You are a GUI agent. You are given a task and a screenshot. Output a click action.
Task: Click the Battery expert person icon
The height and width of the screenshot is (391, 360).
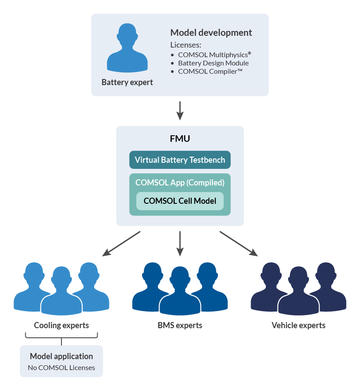127,49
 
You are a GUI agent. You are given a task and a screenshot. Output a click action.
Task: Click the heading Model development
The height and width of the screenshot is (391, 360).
211,33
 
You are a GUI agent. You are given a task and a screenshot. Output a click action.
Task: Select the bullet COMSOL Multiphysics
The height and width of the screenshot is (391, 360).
215,55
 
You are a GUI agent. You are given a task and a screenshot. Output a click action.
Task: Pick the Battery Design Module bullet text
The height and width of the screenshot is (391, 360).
214,63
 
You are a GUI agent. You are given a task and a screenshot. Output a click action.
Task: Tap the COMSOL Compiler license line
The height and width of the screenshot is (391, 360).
210,72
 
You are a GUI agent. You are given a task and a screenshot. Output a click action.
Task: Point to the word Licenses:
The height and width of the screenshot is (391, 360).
185,45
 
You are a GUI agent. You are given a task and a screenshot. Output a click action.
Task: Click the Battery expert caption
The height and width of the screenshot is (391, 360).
127,82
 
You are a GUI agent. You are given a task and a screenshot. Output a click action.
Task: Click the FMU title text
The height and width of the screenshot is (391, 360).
180,139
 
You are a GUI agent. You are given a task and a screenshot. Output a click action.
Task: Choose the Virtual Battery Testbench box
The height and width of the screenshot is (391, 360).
180,160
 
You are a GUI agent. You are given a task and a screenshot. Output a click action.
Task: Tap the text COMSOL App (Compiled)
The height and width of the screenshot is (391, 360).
180,182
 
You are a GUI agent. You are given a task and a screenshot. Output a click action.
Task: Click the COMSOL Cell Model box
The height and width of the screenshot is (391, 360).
180,201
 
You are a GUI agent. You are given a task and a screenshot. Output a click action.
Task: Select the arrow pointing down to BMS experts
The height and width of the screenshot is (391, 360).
180,244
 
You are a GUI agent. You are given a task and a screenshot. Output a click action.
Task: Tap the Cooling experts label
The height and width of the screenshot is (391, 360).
61,325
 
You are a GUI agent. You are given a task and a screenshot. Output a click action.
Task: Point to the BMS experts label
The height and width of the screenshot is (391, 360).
180,325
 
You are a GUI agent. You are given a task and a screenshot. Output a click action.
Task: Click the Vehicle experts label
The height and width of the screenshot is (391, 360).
299,325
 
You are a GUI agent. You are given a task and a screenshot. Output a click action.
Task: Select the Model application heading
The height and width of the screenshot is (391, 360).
61,356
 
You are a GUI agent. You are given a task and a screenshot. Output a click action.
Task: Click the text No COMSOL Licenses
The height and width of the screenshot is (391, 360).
61,367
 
